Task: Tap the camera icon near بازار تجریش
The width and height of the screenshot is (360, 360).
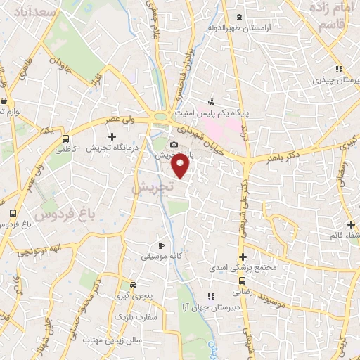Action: click(174, 144)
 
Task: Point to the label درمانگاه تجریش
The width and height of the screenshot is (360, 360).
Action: click(111, 148)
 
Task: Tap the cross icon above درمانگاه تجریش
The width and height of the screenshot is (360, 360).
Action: click(111, 135)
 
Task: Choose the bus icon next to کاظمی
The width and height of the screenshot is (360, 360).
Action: click(65, 139)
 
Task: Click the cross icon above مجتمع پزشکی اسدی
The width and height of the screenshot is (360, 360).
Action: click(243, 257)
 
